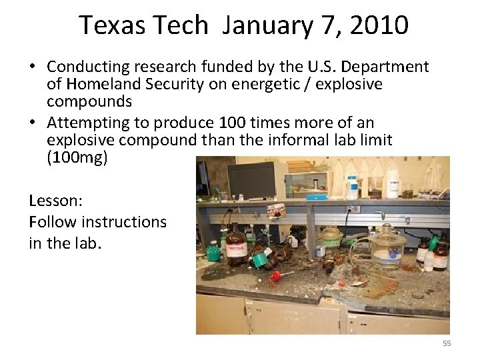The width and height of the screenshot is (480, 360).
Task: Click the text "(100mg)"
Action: [x=77, y=159]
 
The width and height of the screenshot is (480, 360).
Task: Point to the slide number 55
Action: [x=447, y=343]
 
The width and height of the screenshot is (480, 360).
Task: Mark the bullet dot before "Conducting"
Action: [x=32, y=67]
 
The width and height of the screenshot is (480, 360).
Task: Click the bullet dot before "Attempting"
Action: [x=32, y=123]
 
